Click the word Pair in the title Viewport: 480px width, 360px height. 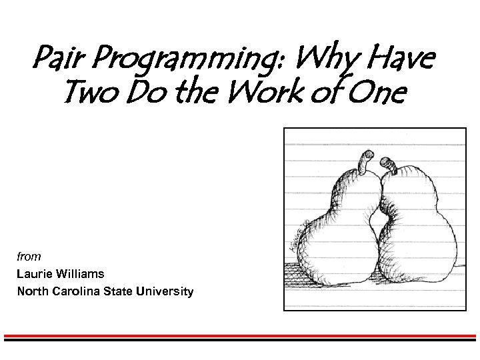56,61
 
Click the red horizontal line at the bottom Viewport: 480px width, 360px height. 240,336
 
